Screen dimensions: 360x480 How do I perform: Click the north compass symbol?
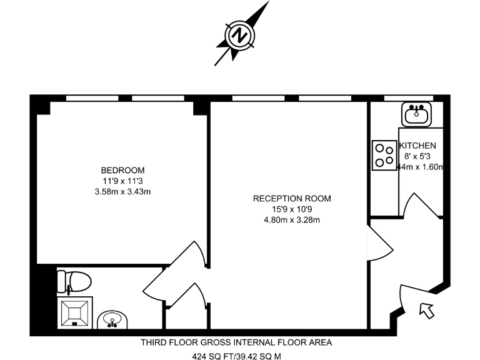(x=239, y=36)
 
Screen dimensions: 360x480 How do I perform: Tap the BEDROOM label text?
(x=123, y=170)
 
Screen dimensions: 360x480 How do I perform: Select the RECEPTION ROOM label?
(x=292, y=199)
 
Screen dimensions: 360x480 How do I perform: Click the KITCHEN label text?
(x=422, y=146)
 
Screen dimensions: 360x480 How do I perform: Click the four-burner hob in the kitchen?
(x=383, y=155)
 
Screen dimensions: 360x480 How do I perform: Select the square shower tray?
(x=75, y=312)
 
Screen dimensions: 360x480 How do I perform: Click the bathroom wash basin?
(x=112, y=320)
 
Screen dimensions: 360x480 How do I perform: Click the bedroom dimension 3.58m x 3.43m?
(x=123, y=191)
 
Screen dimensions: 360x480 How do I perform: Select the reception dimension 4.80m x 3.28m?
(x=292, y=220)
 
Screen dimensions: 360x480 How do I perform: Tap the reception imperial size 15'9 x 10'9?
(x=292, y=209)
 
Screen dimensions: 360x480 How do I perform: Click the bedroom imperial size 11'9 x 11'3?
(x=123, y=181)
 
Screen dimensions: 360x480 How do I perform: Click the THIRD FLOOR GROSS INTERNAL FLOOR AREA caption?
(x=236, y=342)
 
